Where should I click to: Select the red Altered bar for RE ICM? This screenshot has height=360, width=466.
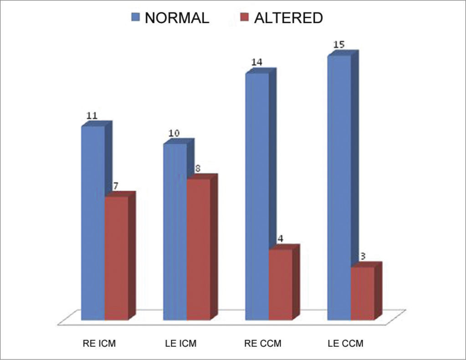116,258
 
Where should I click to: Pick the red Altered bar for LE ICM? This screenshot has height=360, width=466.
198,248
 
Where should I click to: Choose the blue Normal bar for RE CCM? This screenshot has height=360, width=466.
257,196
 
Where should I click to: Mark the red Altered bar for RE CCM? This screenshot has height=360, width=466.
280,284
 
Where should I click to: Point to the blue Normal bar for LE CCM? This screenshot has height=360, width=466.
339,187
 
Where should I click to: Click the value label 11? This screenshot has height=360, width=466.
92,116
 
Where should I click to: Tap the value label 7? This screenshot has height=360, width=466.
116,186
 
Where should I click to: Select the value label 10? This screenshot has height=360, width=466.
174,133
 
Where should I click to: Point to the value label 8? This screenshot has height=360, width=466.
198,168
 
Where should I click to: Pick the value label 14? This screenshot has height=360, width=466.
256,62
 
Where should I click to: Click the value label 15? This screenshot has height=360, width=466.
338,45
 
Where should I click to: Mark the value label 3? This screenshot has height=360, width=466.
363,256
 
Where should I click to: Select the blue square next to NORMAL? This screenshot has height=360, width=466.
135,18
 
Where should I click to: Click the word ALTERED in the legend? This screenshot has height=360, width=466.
288,18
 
